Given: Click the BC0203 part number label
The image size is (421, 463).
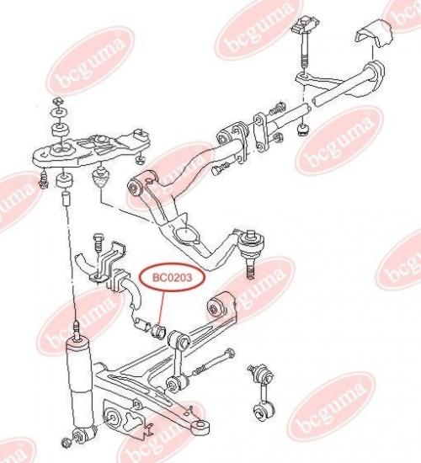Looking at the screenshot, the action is [x=172, y=278].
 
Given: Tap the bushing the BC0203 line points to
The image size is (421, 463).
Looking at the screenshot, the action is [x=158, y=331].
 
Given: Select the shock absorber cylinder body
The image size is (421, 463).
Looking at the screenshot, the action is [x=79, y=387].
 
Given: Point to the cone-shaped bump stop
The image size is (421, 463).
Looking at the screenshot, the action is [x=101, y=178].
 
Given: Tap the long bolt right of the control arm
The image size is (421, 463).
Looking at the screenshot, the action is [x=213, y=363].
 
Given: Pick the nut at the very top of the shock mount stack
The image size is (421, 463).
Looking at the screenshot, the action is [x=58, y=101].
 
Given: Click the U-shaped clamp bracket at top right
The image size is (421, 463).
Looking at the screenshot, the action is [x=373, y=34].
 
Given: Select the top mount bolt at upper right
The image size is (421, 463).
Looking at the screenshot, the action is [x=305, y=41].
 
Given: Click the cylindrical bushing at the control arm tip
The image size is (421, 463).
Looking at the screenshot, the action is [x=201, y=427].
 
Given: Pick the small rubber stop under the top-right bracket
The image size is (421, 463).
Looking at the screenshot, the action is [x=303, y=130].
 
